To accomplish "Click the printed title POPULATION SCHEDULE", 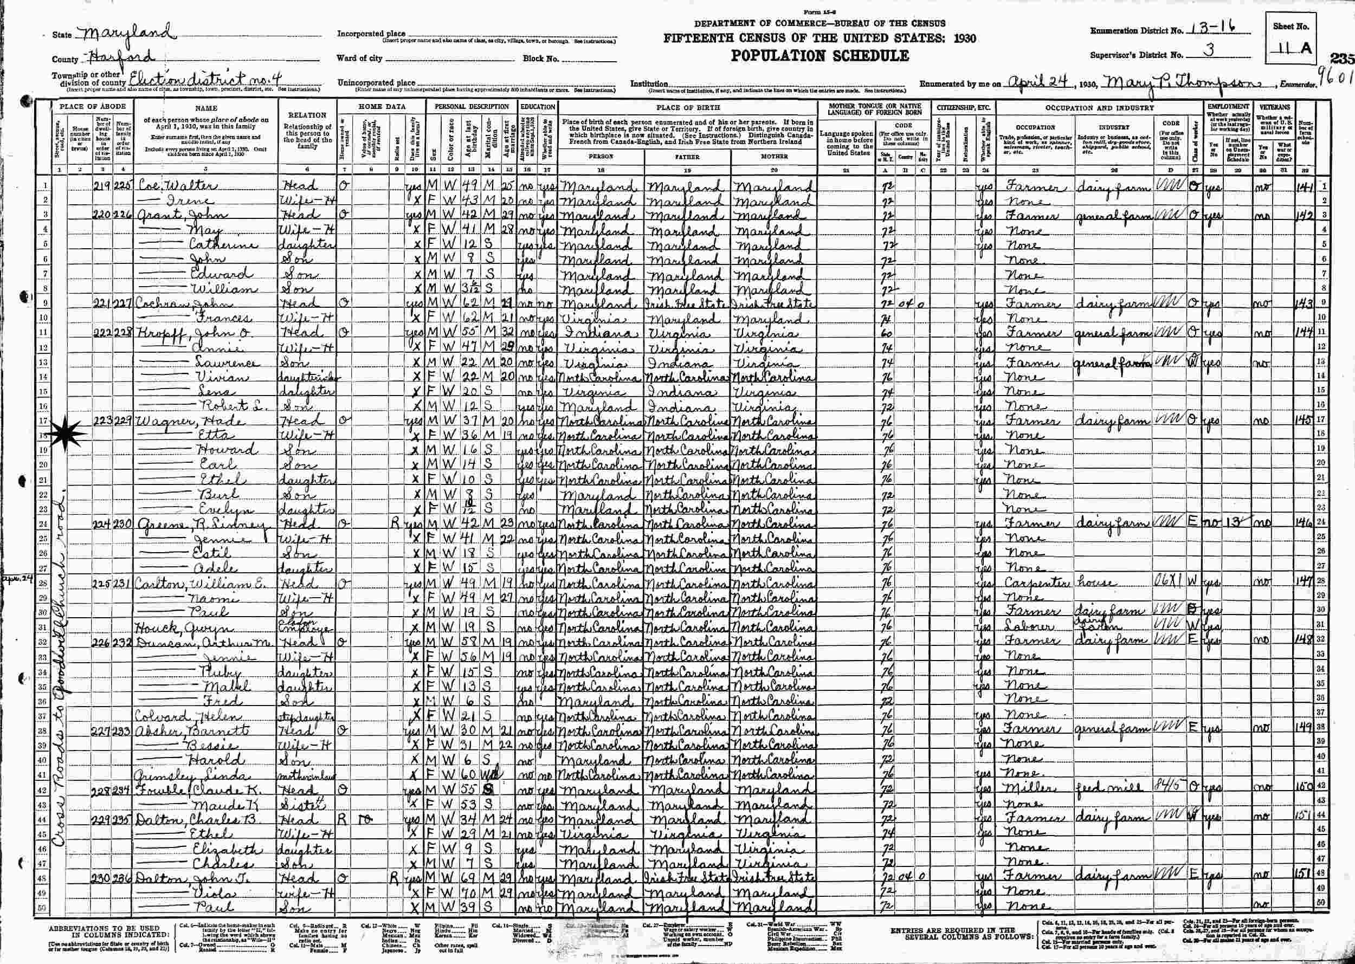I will pyautogui.click(x=820, y=56).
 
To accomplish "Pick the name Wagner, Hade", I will pyautogui.click(x=175, y=421).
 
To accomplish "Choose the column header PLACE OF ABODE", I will pyautogui.click(x=92, y=107).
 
